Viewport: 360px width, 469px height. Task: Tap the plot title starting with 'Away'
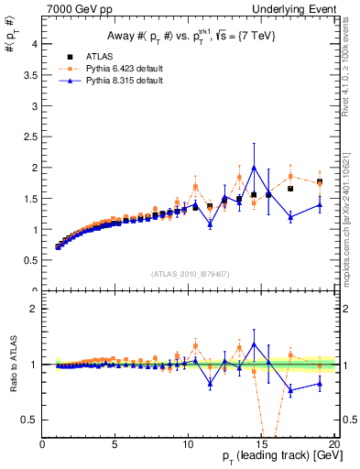pos(191,36)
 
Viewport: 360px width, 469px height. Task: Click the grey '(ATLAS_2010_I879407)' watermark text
pos(190,274)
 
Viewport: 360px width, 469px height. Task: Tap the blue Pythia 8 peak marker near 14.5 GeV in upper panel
pos(254,168)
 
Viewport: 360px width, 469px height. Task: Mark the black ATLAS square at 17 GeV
pos(290,189)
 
